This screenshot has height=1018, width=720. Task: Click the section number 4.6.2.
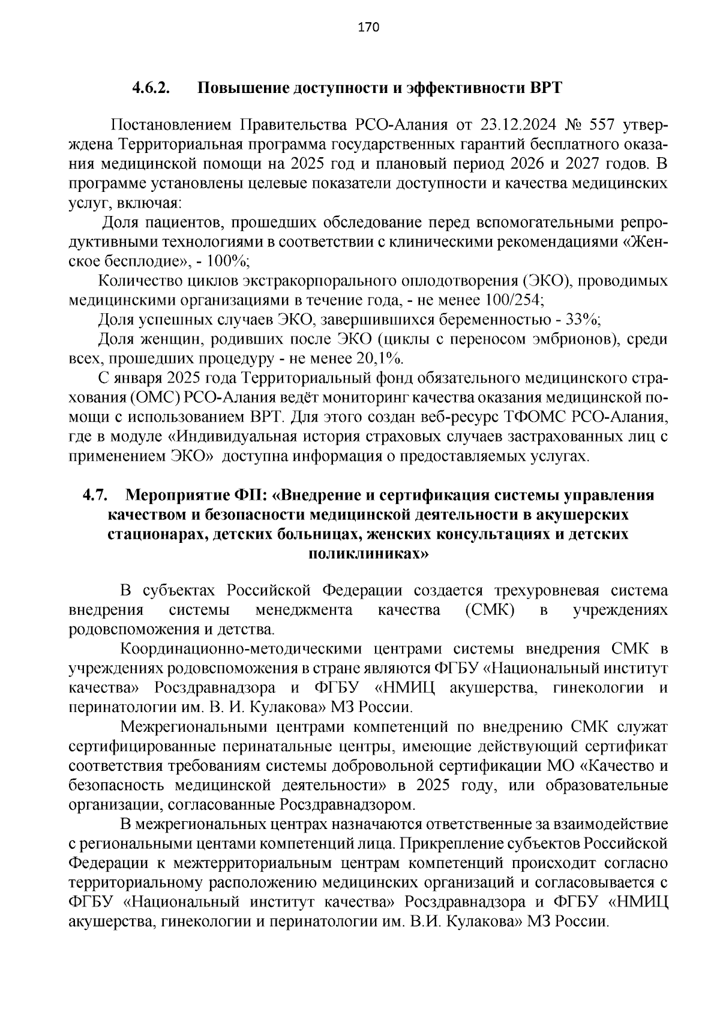tap(152, 88)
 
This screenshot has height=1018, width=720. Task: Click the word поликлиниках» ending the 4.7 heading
tap(368, 553)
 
